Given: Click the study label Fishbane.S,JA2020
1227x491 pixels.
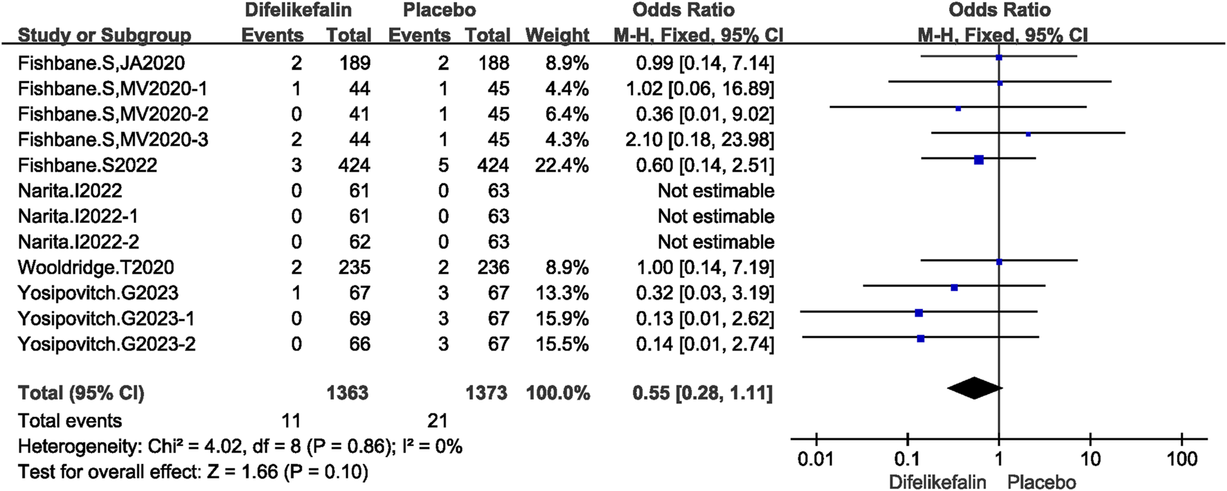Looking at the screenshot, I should coord(101,63).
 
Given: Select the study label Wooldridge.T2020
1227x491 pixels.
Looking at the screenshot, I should coord(96,267).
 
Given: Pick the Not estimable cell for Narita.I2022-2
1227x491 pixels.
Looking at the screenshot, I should coord(715,242).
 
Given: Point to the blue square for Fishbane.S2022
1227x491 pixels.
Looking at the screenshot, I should coord(978,160).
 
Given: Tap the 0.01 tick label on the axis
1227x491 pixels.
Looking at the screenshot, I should coord(816,459).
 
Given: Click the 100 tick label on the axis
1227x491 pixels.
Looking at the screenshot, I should coord(1181,459).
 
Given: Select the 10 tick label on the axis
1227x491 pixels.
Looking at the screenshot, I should coord(1090,459).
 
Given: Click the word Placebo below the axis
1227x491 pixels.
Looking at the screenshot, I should coord(1041,482).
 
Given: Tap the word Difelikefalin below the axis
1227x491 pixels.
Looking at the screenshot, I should coord(938,482).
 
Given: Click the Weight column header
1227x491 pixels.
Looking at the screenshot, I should coord(557,35).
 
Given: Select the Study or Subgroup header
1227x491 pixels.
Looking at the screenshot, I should coord(105,35).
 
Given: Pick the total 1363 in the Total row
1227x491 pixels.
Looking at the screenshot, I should coord(348,393).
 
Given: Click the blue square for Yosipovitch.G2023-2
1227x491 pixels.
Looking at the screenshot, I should coord(920,339).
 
